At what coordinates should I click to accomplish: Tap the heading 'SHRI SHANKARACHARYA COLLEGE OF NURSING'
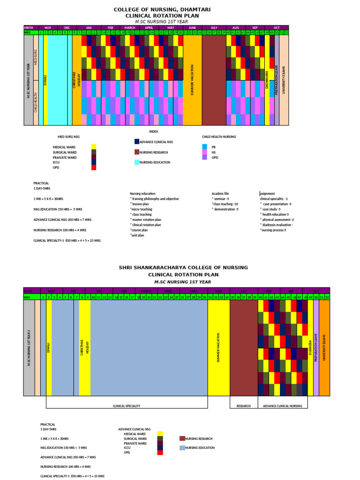point(183,267)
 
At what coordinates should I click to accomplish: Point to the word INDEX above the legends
point(154,132)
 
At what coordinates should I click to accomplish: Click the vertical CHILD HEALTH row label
point(36,102)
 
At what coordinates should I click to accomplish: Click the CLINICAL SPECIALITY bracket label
point(127,405)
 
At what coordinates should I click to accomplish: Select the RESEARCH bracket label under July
point(243,405)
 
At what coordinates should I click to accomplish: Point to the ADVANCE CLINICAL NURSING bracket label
point(283,405)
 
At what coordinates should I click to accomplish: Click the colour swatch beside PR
point(204,147)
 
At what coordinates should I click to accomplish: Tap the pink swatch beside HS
point(204,152)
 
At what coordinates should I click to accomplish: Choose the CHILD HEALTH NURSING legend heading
point(219,137)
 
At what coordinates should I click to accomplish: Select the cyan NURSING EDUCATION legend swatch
point(137,162)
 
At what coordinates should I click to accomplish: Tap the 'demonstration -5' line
point(225,209)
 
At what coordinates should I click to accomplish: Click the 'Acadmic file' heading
point(220,193)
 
